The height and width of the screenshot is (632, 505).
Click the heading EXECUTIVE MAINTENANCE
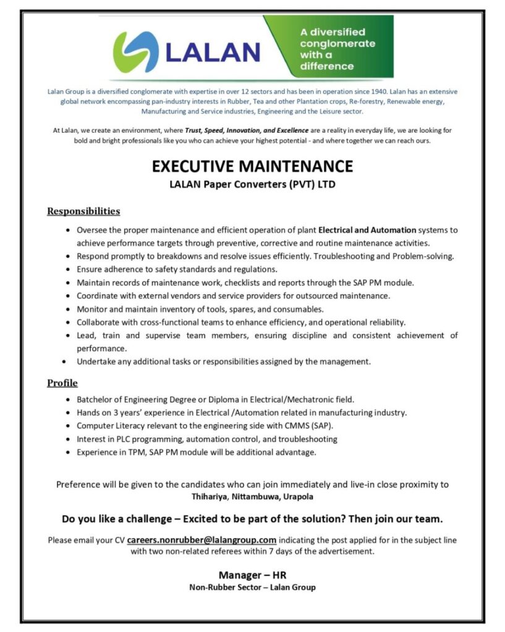point(252,167)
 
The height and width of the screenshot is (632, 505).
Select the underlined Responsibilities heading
point(83,212)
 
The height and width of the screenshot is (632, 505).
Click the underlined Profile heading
point(62,383)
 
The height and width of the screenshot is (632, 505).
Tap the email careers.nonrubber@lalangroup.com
point(202,540)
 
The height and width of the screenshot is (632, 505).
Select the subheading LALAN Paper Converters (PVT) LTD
point(252,184)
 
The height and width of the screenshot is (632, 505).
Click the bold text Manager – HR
point(252,575)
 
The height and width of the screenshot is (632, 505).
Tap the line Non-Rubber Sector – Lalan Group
point(252,588)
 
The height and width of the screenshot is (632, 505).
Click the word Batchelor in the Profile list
point(97,400)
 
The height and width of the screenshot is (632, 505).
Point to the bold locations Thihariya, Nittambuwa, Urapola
point(252,496)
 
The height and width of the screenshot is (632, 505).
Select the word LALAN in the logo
point(213,52)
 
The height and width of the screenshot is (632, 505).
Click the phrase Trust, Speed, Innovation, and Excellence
point(245,130)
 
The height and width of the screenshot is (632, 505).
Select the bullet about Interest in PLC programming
point(206,439)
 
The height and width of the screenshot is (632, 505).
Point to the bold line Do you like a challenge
point(252,517)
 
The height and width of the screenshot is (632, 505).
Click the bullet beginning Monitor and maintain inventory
point(200,309)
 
